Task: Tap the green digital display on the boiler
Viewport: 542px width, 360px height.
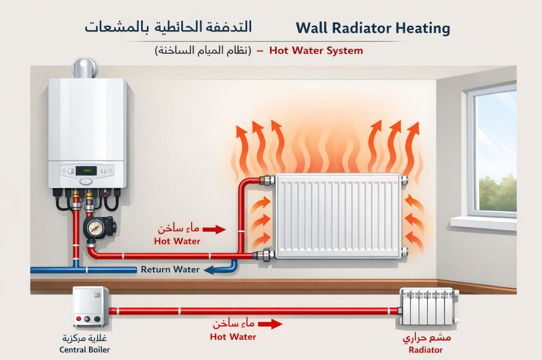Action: tap(86, 171)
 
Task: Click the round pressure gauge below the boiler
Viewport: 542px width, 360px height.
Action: tap(95, 228)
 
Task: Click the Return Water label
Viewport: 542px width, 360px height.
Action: tap(170, 270)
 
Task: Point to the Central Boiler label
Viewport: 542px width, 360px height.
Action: tap(84, 350)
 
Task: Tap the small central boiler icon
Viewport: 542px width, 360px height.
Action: tap(90, 307)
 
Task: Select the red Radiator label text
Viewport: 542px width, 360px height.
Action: tap(425, 350)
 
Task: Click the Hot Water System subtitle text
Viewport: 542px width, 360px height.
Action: tap(316, 51)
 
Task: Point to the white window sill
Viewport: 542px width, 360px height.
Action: tap(483, 223)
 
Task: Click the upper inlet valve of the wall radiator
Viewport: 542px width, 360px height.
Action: tap(267, 180)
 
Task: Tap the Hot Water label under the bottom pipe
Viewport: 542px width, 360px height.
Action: tap(233, 337)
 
